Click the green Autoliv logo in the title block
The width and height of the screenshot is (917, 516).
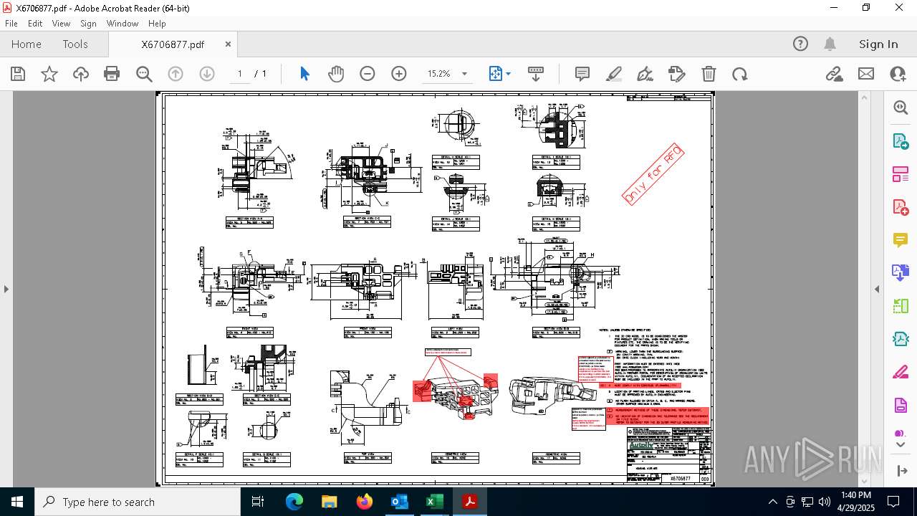click(x=641, y=446)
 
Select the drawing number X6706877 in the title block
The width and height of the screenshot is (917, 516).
click(x=680, y=478)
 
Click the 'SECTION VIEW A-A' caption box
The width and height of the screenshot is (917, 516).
click(x=249, y=222)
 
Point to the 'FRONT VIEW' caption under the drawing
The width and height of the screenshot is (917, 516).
click(x=367, y=332)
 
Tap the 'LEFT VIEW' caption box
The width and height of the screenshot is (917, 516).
click(x=455, y=332)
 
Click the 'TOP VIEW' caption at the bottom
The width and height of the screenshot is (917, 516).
click(x=367, y=457)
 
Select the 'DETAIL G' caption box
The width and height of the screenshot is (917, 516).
click(x=267, y=459)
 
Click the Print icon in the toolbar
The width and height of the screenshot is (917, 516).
click(x=112, y=74)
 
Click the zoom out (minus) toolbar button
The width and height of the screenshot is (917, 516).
click(x=368, y=74)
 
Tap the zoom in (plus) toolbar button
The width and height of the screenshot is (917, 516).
click(x=399, y=74)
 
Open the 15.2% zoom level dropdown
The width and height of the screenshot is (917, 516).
click(x=464, y=74)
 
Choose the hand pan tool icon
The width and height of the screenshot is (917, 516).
click(x=336, y=74)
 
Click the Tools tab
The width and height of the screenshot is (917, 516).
click(x=75, y=44)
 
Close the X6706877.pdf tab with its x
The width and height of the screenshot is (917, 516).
click(x=228, y=44)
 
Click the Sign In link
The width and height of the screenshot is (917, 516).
click(x=878, y=44)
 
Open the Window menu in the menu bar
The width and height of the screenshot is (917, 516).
click(x=123, y=24)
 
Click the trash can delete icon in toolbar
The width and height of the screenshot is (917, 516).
click(x=709, y=74)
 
